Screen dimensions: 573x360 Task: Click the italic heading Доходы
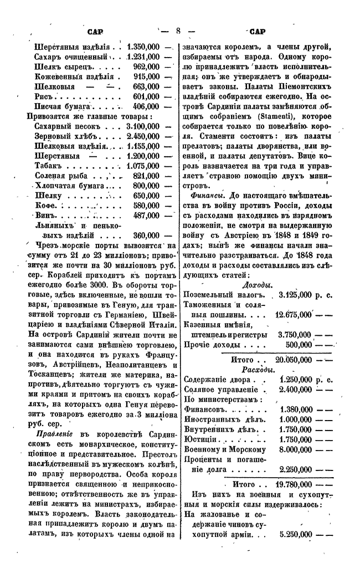(257, 285)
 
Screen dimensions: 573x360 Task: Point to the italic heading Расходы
(256, 370)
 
